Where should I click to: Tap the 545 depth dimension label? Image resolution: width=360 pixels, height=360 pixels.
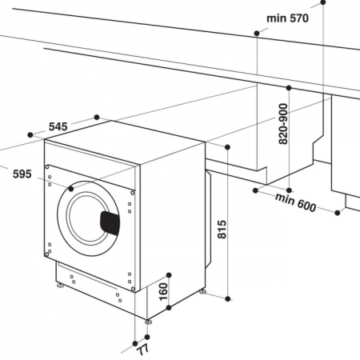coord(58,126)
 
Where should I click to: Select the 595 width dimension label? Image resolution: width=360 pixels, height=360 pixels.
coord(22,174)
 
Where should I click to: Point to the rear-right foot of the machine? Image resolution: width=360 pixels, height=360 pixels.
coord(202,292)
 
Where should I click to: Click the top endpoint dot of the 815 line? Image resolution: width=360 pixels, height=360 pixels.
coord(229,147)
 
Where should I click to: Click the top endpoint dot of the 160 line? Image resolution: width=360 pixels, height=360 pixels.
coord(170,270)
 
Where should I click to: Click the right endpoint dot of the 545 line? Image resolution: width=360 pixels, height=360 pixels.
coord(97,118)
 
